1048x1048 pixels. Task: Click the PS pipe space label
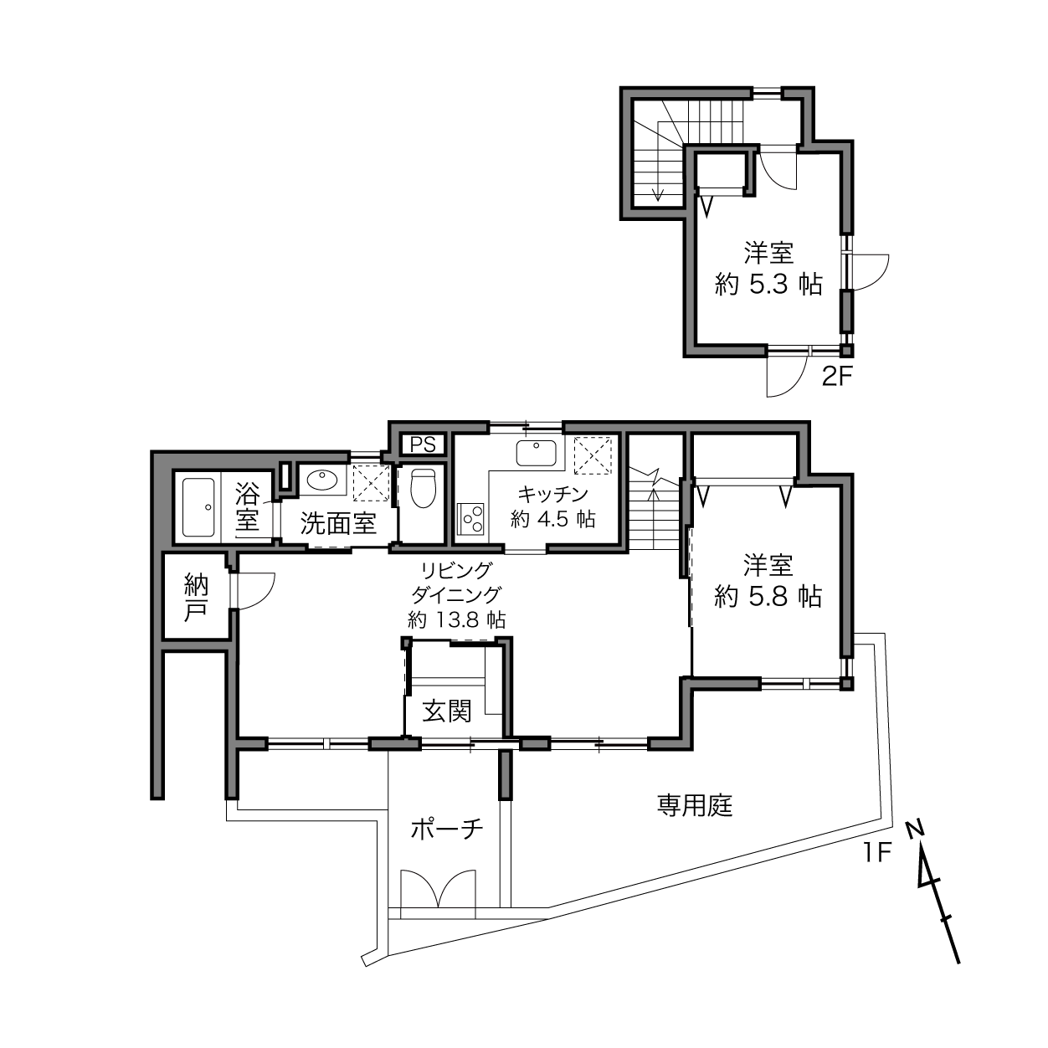click(422, 444)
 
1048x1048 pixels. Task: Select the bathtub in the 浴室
click(198, 507)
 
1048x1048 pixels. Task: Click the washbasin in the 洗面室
click(322, 480)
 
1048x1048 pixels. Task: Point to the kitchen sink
click(536, 453)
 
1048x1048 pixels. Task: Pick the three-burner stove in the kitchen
click(471, 519)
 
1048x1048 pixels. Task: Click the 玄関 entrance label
click(446, 711)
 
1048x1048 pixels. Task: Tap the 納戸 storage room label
click(195, 597)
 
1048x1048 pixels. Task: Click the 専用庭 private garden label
click(695, 805)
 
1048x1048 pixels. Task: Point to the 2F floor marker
click(836, 376)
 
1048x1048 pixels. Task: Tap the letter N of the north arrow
click(915, 829)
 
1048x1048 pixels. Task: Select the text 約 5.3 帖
click(768, 284)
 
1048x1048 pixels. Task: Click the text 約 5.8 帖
click(768, 597)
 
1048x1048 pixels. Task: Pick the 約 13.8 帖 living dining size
click(457, 619)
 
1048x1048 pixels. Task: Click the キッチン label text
click(552, 494)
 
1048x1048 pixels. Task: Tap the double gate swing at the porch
click(439, 888)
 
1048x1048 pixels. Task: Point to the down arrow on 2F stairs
click(659, 187)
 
